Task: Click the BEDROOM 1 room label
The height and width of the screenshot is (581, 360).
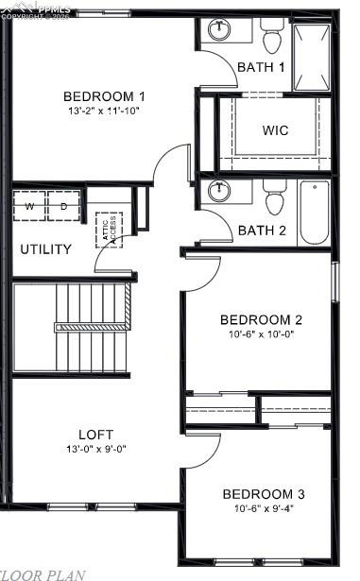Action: point(104,96)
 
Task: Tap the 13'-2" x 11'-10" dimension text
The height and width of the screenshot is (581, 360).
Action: point(104,111)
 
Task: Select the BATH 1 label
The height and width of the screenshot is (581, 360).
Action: point(261,67)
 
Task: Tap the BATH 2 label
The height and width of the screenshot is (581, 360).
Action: point(262,230)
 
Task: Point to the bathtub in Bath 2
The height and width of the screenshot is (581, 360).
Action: point(314,213)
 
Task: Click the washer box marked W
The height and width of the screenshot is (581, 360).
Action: point(29,206)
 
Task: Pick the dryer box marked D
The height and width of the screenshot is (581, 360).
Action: point(64,206)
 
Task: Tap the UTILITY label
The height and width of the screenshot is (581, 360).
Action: point(45,249)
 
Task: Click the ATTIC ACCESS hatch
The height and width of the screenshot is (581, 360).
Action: point(110,230)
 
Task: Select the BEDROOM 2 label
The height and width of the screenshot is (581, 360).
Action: point(261,319)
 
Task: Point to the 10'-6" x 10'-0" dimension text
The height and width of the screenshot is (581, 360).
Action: point(261,333)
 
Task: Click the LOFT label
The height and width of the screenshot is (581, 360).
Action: point(95,435)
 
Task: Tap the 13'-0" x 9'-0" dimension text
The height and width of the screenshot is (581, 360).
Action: point(95,449)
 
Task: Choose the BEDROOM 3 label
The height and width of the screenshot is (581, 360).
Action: point(264,494)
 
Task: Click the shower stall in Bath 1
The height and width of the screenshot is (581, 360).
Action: point(313,56)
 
